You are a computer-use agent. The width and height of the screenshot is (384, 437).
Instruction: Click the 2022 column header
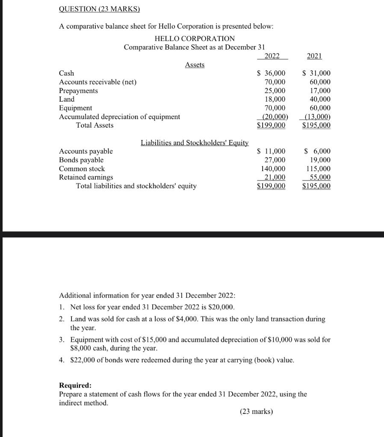click(x=273, y=56)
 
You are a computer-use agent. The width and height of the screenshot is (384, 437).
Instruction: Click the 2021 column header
click(x=315, y=56)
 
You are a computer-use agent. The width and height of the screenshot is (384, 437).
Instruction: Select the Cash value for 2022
click(x=271, y=73)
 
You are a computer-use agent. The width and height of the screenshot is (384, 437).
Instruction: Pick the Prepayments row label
click(x=78, y=91)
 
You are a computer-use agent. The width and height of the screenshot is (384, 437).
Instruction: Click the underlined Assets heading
click(x=195, y=65)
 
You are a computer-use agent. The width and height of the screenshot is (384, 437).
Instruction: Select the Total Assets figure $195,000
click(x=316, y=125)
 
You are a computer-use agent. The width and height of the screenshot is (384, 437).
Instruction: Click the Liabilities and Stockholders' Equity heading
click(x=195, y=143)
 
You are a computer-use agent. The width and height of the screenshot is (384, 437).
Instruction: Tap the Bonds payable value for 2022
click(x=275, y=160)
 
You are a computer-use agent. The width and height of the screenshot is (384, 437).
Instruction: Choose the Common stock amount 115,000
click(x=319, y=169)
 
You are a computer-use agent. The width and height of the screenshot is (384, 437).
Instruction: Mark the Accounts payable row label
click(x=86, y=151)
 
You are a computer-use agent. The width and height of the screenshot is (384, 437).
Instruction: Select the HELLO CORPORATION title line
click(x=195, y=39)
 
